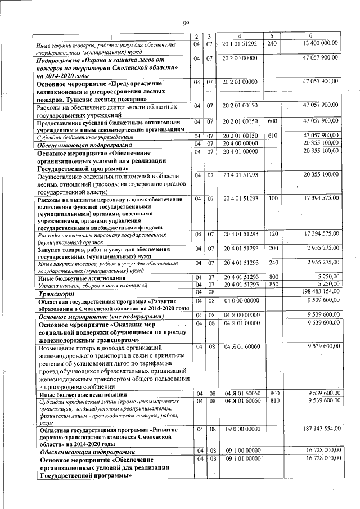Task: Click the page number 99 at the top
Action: pos(185,22)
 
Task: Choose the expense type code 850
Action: pos(273,284)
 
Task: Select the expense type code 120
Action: pos(273,233)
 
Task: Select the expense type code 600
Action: pos(272,121)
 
